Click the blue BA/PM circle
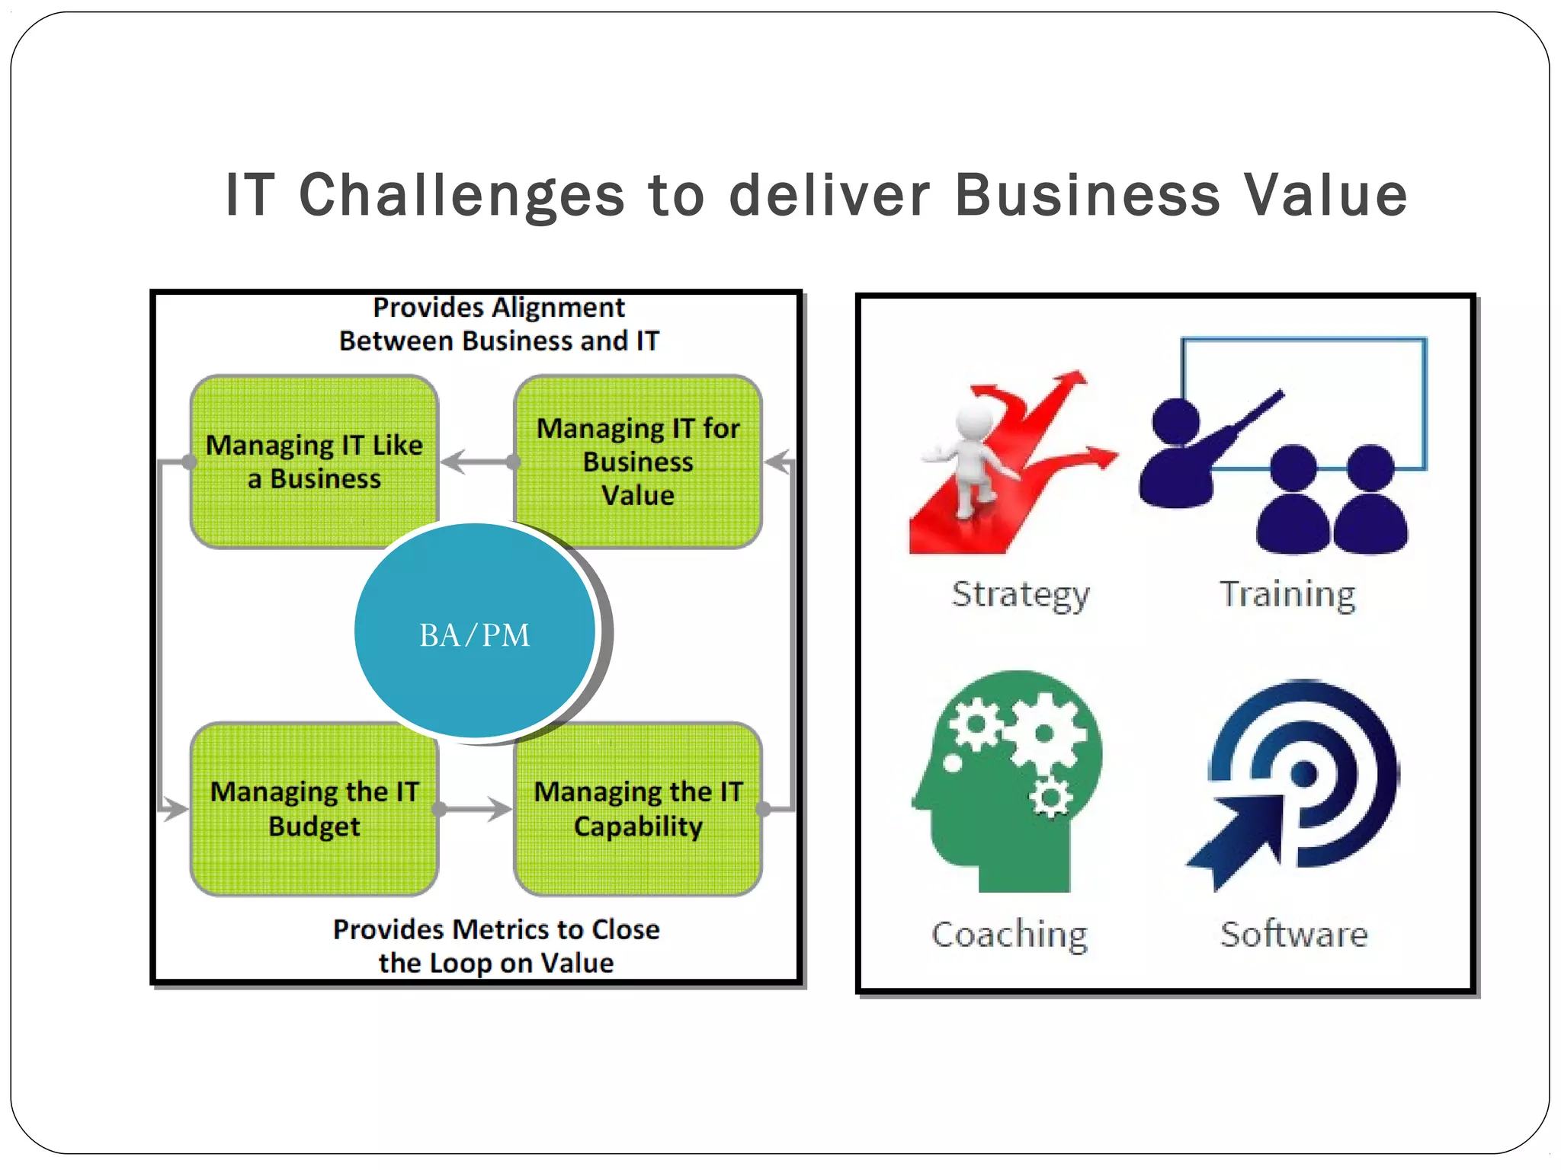pyautogui.click(x=474, y=631)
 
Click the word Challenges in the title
pyautogui.click(x=462, y=195)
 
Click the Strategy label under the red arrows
pyautogui.click(x=1021, y=595)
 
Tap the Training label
pyautogui.click(x=1287, y=594)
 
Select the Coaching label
pyautogui.click(x=1010, y=934)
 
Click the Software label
pyautogui.click(x=1293, y=934)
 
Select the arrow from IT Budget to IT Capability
pyautogui.click(x=476, y=809)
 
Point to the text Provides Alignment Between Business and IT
pyautogui.click(x=498, y=324)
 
